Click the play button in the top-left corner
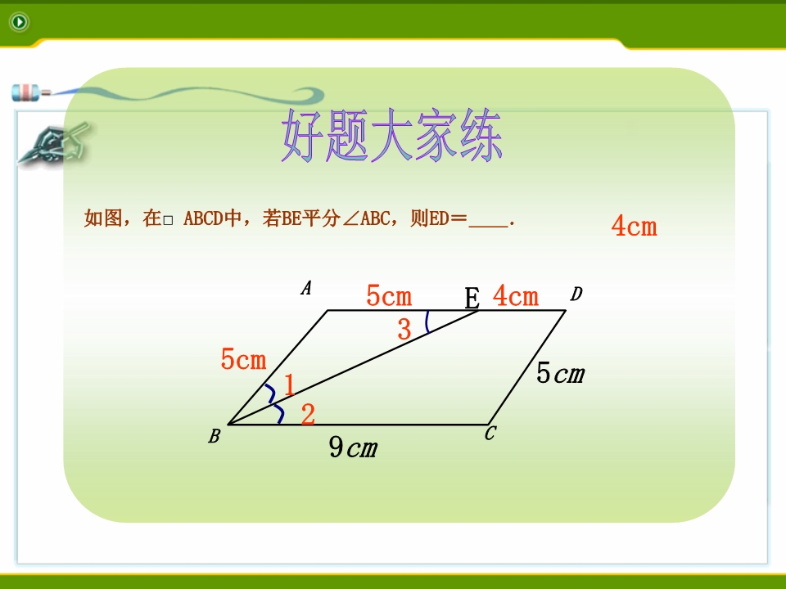19,22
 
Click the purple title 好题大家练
391,136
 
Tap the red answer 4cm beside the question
634,226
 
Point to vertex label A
306,288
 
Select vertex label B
214,436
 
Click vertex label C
490,434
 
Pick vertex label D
576,294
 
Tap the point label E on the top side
472,299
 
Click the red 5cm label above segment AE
389,295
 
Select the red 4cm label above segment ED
516,295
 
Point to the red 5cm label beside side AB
244,359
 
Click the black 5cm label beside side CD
560,373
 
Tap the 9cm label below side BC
353,447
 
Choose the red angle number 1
289,385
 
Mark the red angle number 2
309,414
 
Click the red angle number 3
404,330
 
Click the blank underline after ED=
488,227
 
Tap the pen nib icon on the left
52,144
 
